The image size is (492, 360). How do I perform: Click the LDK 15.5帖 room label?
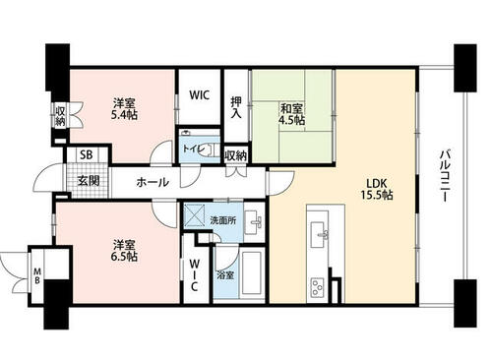click(x=377, y=189)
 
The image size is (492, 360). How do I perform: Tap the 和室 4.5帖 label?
click(x=291, y=114)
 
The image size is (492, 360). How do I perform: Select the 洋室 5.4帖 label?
click(x=124, y=109)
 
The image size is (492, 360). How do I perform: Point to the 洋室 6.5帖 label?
click(x=124, y=251)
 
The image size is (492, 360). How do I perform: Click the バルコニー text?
click(x=445, y=175)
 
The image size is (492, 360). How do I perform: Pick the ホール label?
click(x=153, y=182)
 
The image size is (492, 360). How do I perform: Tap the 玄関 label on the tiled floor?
click(x=89, y=181)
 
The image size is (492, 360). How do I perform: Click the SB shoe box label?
click(x=87, y=154)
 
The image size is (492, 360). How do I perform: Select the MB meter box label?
click(x=37, y=276)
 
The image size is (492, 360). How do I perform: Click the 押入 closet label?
click(x=236, y=107)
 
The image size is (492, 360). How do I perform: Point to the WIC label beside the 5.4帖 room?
click(x=199, y=95)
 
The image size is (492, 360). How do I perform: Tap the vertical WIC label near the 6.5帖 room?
click(x=194, y=274)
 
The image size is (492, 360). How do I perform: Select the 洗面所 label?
click(x=223, y=220)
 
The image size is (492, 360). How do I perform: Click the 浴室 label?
click(x=225, y=275)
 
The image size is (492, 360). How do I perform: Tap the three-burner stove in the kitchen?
click(x=317, y=287)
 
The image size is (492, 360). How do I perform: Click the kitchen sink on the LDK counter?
click(x=319, y=231)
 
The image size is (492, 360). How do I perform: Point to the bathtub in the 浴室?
click(x=252, y=273)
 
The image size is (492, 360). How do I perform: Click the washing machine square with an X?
click(x=194, y=215)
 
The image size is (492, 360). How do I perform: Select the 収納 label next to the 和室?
click(x=236, y=156)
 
